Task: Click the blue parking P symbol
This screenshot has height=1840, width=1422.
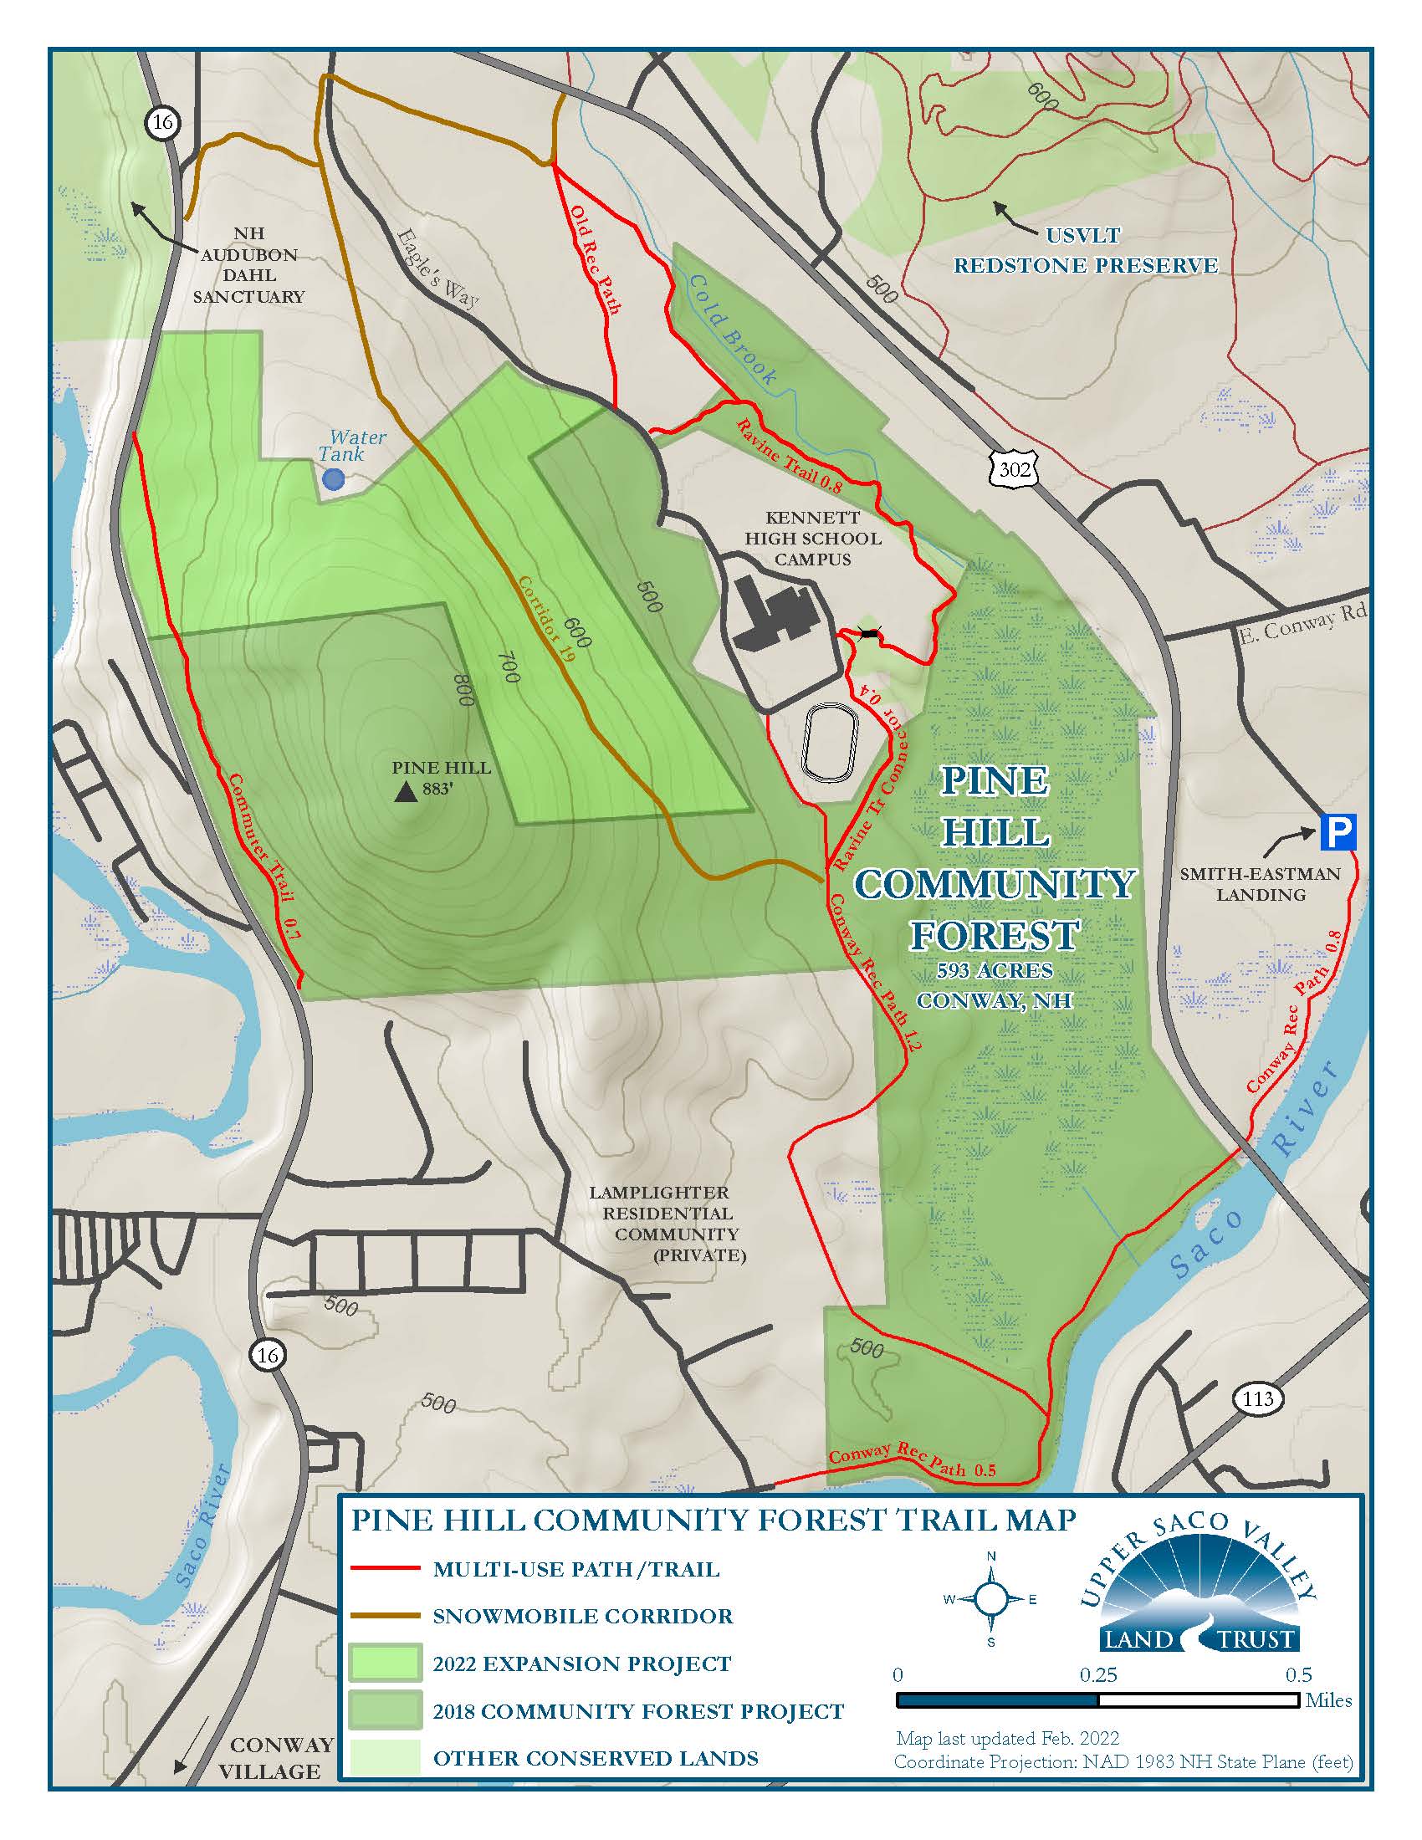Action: click(1337, 831)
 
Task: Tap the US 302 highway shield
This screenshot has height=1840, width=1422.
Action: click(1014, 468)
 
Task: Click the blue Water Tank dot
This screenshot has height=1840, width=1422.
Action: click(334, 479)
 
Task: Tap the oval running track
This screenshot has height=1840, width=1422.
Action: click(830, 741)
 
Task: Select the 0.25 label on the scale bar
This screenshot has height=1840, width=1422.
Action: click(1097, 1675)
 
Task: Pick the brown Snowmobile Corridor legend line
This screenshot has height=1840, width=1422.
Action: click(384, 1616)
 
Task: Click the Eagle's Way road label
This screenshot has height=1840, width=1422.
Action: click(437, 267)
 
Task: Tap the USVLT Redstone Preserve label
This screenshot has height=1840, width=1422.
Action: click(1085, 250)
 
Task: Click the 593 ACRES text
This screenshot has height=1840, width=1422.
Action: click(994, 970)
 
